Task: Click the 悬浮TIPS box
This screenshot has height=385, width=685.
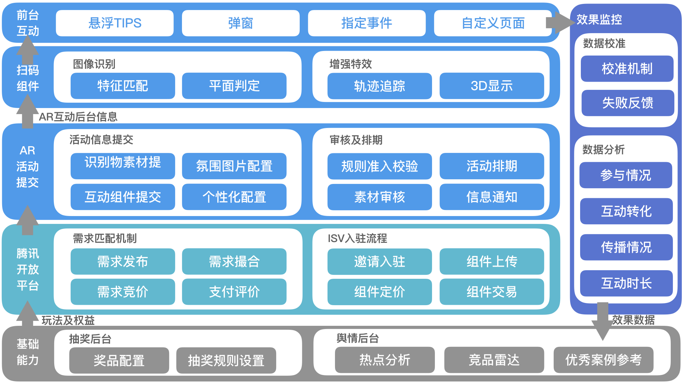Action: pyautogui.click(x=115, y=23)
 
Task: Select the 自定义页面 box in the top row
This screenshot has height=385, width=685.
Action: pyautogui.click(x=493, y=23)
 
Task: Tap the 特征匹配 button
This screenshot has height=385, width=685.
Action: pyautogui.click(x=123, y=86)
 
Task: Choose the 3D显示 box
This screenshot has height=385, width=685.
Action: pyautogui.click(x=492, y=86)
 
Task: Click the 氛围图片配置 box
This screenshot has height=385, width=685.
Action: pyautogui.click(x=234, y=166)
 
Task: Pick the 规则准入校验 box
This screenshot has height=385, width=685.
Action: pyautogui.click(x=380, y=166)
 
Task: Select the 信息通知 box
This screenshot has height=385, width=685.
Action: pyautogui.click(x=492, y=197)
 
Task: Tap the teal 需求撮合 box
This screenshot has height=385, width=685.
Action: pyautogui.click(x=234, y=262)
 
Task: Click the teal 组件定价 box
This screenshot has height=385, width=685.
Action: pyautogui.click(x=380, y=292)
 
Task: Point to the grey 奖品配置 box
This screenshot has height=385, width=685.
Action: pyautogui.click(x=119, y=360)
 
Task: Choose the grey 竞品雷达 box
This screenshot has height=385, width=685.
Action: pyautogui.click(x=494, y=360)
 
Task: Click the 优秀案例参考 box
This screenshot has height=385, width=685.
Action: pyautogui.click(x=603, y=360)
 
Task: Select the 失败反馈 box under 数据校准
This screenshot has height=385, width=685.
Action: pyautogui.click(x=628, y=103)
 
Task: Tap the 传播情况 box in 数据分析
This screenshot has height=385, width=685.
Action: pyautogui.click(x=626, y=247)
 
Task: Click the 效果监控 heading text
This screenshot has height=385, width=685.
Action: pyautogui.click(x=599, y=20)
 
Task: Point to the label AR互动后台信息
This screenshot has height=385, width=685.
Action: pyautogui.click(x=78, y=117)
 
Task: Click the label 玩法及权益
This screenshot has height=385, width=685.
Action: pyautogui.click(x=68, y=320)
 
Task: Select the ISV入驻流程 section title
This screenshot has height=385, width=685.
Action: pyautogui.click(x=357, y=238)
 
